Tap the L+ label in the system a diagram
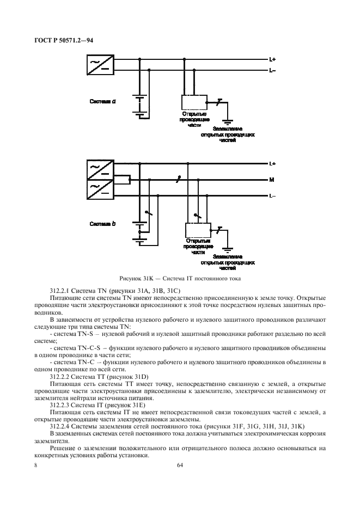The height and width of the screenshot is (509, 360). (272, 59)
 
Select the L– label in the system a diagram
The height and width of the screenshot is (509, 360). (272, 70)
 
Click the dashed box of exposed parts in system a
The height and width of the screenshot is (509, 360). (193, 102)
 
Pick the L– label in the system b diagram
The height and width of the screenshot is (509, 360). (272, 195)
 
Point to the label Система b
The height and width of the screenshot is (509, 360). (103, 224)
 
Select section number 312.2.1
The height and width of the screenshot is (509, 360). (64, 292)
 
